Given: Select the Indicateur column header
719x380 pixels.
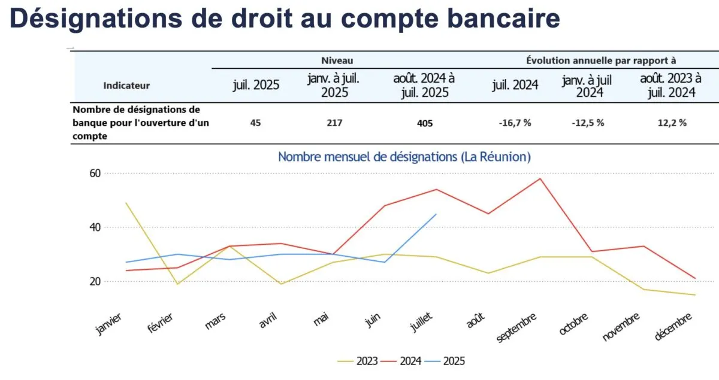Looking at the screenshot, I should click(x=126, y=86).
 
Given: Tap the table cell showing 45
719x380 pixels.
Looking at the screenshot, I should click(x=256, y=123).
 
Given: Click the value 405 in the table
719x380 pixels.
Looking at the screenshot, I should click(x=424, y=123).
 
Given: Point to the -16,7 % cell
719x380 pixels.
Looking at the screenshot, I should click(x=515, y=123).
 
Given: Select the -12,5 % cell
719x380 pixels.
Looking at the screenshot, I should click(x=588, y=123).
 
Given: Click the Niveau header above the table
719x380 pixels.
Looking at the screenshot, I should click(x=337, y=60).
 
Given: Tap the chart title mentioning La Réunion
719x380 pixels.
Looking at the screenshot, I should click(x=404, y=157).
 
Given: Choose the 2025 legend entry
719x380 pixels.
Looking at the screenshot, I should click(x=454, y=361).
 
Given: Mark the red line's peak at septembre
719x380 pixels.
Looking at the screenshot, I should click(x=540, y=178).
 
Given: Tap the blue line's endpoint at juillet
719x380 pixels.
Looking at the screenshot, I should click(x=436, y=214).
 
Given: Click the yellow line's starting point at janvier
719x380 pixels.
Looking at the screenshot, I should click(x=126, y=203).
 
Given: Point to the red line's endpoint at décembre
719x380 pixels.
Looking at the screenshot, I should click(x=695, y=278).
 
